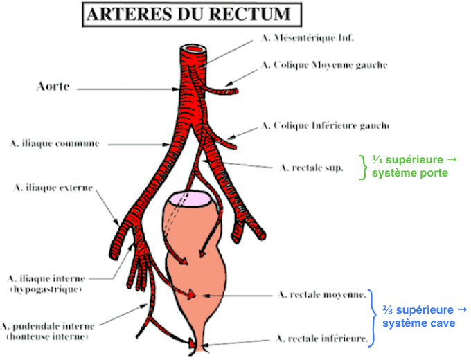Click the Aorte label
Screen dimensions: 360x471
tap(55, 87)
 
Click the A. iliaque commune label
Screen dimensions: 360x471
tap(55, 143)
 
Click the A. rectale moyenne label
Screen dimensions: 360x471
tap(321, 294)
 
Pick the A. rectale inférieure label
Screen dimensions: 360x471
tap(321, 339)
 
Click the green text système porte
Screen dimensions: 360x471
tap(409, 173)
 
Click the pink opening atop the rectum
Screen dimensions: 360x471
tap(195, 199)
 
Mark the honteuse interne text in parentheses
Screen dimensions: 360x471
tap(46, 336)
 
